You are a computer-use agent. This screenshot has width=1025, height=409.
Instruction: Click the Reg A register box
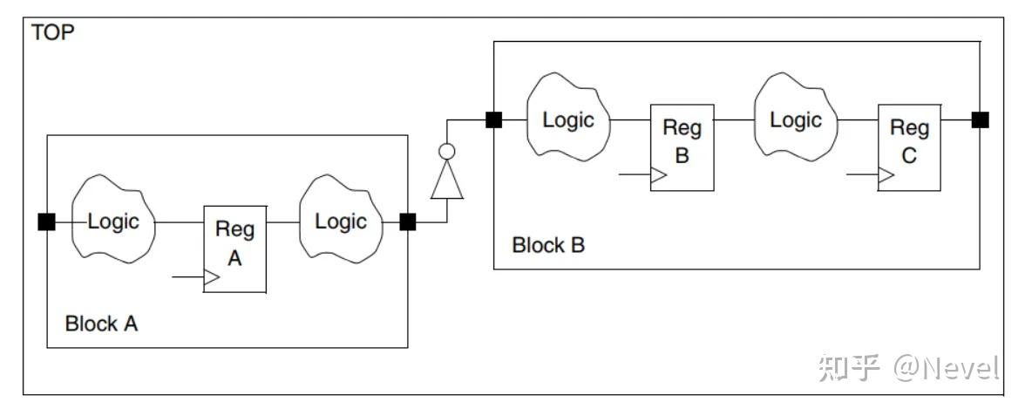coord(234,249)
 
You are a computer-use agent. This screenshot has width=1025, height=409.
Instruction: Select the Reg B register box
coord(682,147)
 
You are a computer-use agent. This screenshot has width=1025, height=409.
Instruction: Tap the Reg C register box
coord(909,147)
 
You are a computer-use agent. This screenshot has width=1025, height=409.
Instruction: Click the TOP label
coord(53,32)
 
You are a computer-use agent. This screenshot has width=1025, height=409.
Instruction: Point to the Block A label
coord(101,324)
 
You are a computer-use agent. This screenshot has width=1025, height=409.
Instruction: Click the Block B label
coord(548,245)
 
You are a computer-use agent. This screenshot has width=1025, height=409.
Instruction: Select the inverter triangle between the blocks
coord(447,180)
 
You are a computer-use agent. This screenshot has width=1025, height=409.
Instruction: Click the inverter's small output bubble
coord(447,152)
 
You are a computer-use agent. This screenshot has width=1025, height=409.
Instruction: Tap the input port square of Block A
coord(46,222)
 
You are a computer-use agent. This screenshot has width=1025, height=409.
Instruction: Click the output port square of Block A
coord(407,222)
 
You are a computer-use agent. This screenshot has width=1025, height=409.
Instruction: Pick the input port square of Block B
coord(493,119)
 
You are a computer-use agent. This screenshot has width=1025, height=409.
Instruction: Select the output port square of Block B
coord(980,119)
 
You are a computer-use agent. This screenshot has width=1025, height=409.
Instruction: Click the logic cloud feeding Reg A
coord(113,219)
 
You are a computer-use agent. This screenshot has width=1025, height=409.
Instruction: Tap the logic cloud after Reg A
coord(342,219)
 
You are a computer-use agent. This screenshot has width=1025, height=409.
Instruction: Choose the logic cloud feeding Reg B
coord(568,118)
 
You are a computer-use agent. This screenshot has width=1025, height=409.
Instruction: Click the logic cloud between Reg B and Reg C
coord(797,118)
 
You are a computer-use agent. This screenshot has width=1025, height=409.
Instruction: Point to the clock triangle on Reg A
coord(213,277)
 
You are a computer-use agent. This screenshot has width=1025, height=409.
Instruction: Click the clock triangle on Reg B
coord(659,175)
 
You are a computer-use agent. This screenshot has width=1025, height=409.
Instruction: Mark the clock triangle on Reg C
coord(886,175)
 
